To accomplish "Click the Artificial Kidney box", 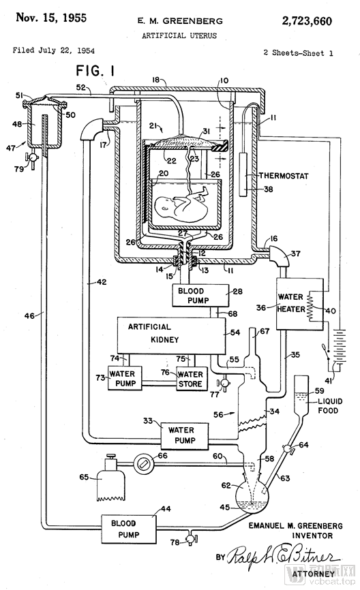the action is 172,335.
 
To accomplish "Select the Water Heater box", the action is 300,304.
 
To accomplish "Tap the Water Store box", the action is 192,379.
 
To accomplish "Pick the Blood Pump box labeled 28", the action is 200,296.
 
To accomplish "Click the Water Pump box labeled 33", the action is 185,436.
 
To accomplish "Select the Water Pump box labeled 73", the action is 125,378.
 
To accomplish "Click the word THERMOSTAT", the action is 284,176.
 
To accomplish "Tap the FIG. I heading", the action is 95,70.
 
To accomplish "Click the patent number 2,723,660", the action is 307,20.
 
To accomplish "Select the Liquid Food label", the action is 328,405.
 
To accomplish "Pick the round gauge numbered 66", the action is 143,465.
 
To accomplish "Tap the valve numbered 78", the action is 190,540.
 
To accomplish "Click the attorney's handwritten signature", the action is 284,555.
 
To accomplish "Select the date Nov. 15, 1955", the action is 51,18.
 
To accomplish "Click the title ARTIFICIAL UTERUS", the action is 179,35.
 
